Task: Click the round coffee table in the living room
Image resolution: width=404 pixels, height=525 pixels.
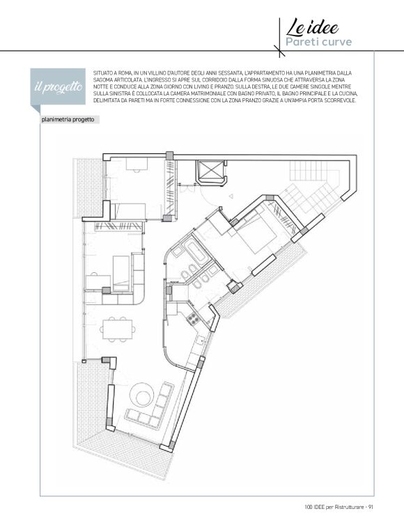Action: (x=142, y=394)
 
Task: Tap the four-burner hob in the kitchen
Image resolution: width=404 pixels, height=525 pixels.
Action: (x=194, y=318)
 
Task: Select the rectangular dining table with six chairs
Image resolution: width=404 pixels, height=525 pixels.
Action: (x=117, y=329)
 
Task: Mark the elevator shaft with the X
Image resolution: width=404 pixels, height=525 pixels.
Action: (x=210, y=171)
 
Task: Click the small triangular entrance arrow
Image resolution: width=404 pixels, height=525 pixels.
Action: (x=231, y=196)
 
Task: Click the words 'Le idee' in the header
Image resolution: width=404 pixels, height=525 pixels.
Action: (x=312, y=28)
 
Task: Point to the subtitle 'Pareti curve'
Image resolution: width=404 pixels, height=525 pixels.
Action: (x=318, y=42)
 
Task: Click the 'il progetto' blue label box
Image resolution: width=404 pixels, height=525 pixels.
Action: (x=59, y=86)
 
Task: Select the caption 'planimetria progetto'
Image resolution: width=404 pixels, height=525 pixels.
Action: (x=68, y=120)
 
